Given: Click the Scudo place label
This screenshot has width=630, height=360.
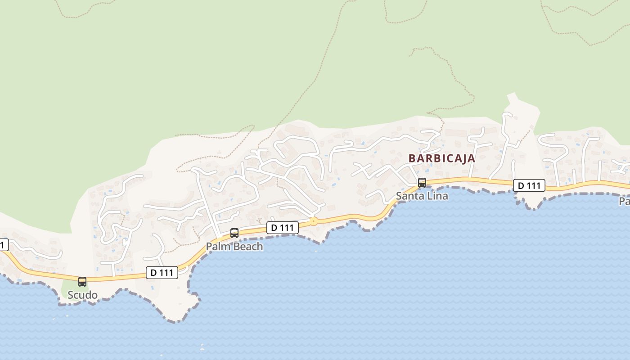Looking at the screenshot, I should click(x=82, y=295).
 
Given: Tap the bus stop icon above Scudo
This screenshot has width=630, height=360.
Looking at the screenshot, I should click(x=82, y=282).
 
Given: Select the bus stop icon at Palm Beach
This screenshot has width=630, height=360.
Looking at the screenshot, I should click(x=234, y=233).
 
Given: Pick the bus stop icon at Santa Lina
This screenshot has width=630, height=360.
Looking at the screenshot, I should click(x=422, y=183).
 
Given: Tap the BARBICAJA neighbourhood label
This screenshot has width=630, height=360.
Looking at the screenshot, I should click(x=442, y=158).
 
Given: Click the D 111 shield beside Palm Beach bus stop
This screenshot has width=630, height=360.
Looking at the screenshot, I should click(x=283, y=228).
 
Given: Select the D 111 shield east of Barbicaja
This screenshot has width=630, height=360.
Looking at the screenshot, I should click(x=529, y=185).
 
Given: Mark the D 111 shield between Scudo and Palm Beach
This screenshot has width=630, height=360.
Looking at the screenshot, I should click(x=162, y=272).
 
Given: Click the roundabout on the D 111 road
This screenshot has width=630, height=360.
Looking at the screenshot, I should click(x=313, y=221).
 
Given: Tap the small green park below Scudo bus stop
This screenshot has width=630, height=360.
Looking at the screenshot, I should click(x=72, y=288).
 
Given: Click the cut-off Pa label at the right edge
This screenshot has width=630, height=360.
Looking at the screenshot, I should click(x=625, y=201).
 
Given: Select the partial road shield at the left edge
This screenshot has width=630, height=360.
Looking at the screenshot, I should click(x=4, y=245).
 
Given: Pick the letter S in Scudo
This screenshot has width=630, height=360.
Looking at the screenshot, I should click(x=71, y=295).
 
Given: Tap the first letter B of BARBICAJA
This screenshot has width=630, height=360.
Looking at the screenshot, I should click(x=412, y=158).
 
